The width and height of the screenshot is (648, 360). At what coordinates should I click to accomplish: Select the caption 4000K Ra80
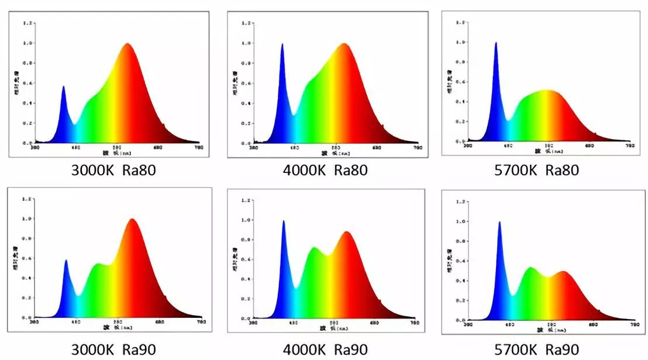[326, 171]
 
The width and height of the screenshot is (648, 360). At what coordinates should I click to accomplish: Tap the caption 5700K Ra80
[537, 171]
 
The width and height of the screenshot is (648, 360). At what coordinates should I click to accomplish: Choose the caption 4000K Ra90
[326, 349]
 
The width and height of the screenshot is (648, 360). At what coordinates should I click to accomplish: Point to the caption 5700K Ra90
[537, 349]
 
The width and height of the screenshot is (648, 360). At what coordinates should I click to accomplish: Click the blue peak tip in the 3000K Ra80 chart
[63, 86]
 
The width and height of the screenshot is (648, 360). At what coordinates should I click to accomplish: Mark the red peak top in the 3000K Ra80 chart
[127, 44]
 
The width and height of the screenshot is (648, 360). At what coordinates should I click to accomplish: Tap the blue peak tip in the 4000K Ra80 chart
[282, 44]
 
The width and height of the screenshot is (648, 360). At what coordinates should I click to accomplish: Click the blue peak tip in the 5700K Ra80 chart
[496, 43]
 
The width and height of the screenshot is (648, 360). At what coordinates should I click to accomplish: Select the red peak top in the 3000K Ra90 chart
[133, 219]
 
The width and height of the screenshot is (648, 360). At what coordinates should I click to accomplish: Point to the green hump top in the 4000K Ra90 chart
[315, 248]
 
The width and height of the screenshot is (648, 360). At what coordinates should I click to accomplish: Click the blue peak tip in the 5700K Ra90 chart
[499, 221]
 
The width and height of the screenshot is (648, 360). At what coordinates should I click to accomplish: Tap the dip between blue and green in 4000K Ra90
[297, 288]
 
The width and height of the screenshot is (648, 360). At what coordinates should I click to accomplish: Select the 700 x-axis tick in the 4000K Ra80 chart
[418, 148]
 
